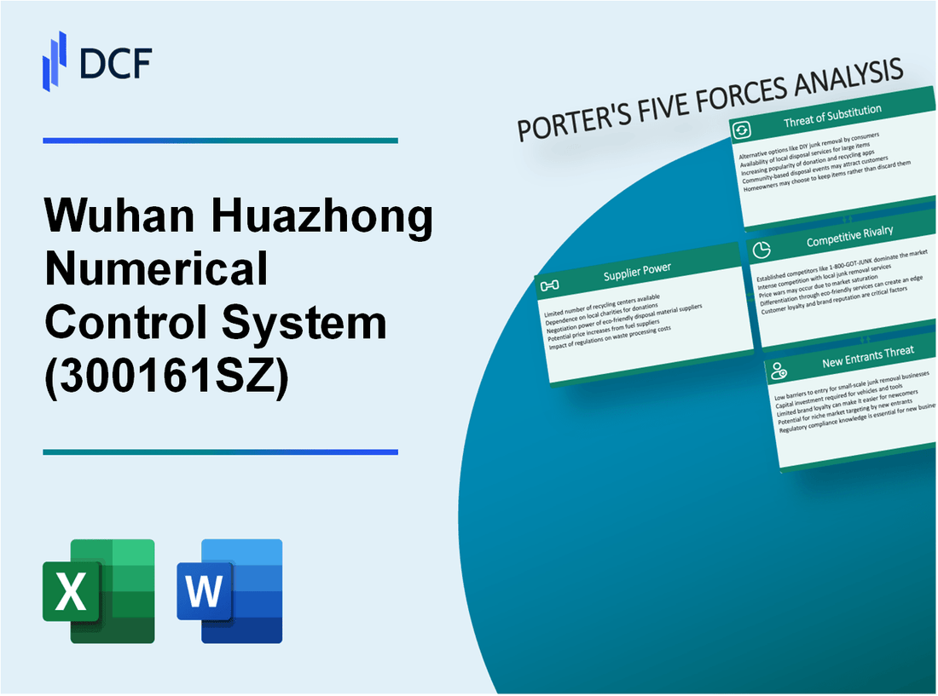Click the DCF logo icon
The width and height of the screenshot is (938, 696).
[55, 60]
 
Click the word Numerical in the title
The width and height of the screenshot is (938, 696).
[156, 271]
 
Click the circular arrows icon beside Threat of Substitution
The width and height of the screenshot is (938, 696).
[742, 129]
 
